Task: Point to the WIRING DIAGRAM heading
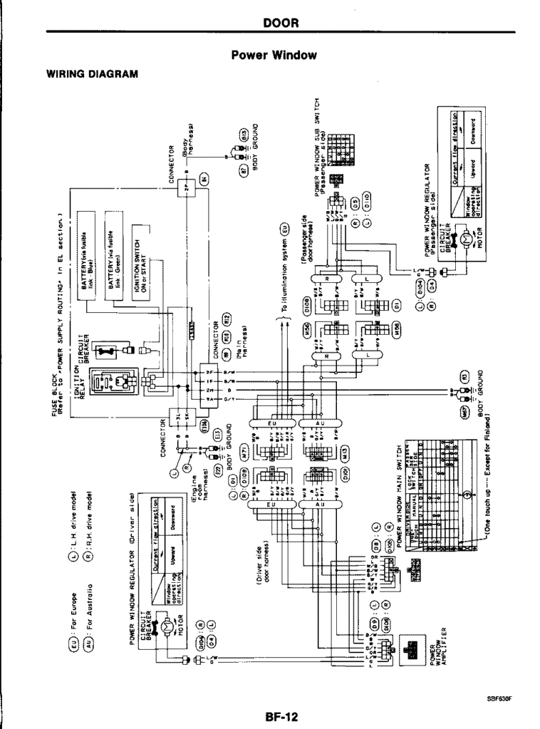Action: pyautogui.click(x=92, y=73)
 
